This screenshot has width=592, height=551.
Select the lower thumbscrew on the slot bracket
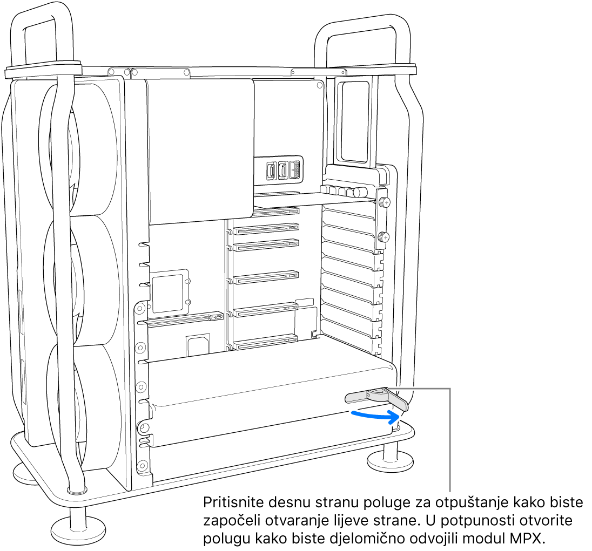383,236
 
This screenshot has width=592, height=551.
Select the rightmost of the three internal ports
294,171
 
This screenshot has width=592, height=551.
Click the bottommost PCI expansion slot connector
266,342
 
